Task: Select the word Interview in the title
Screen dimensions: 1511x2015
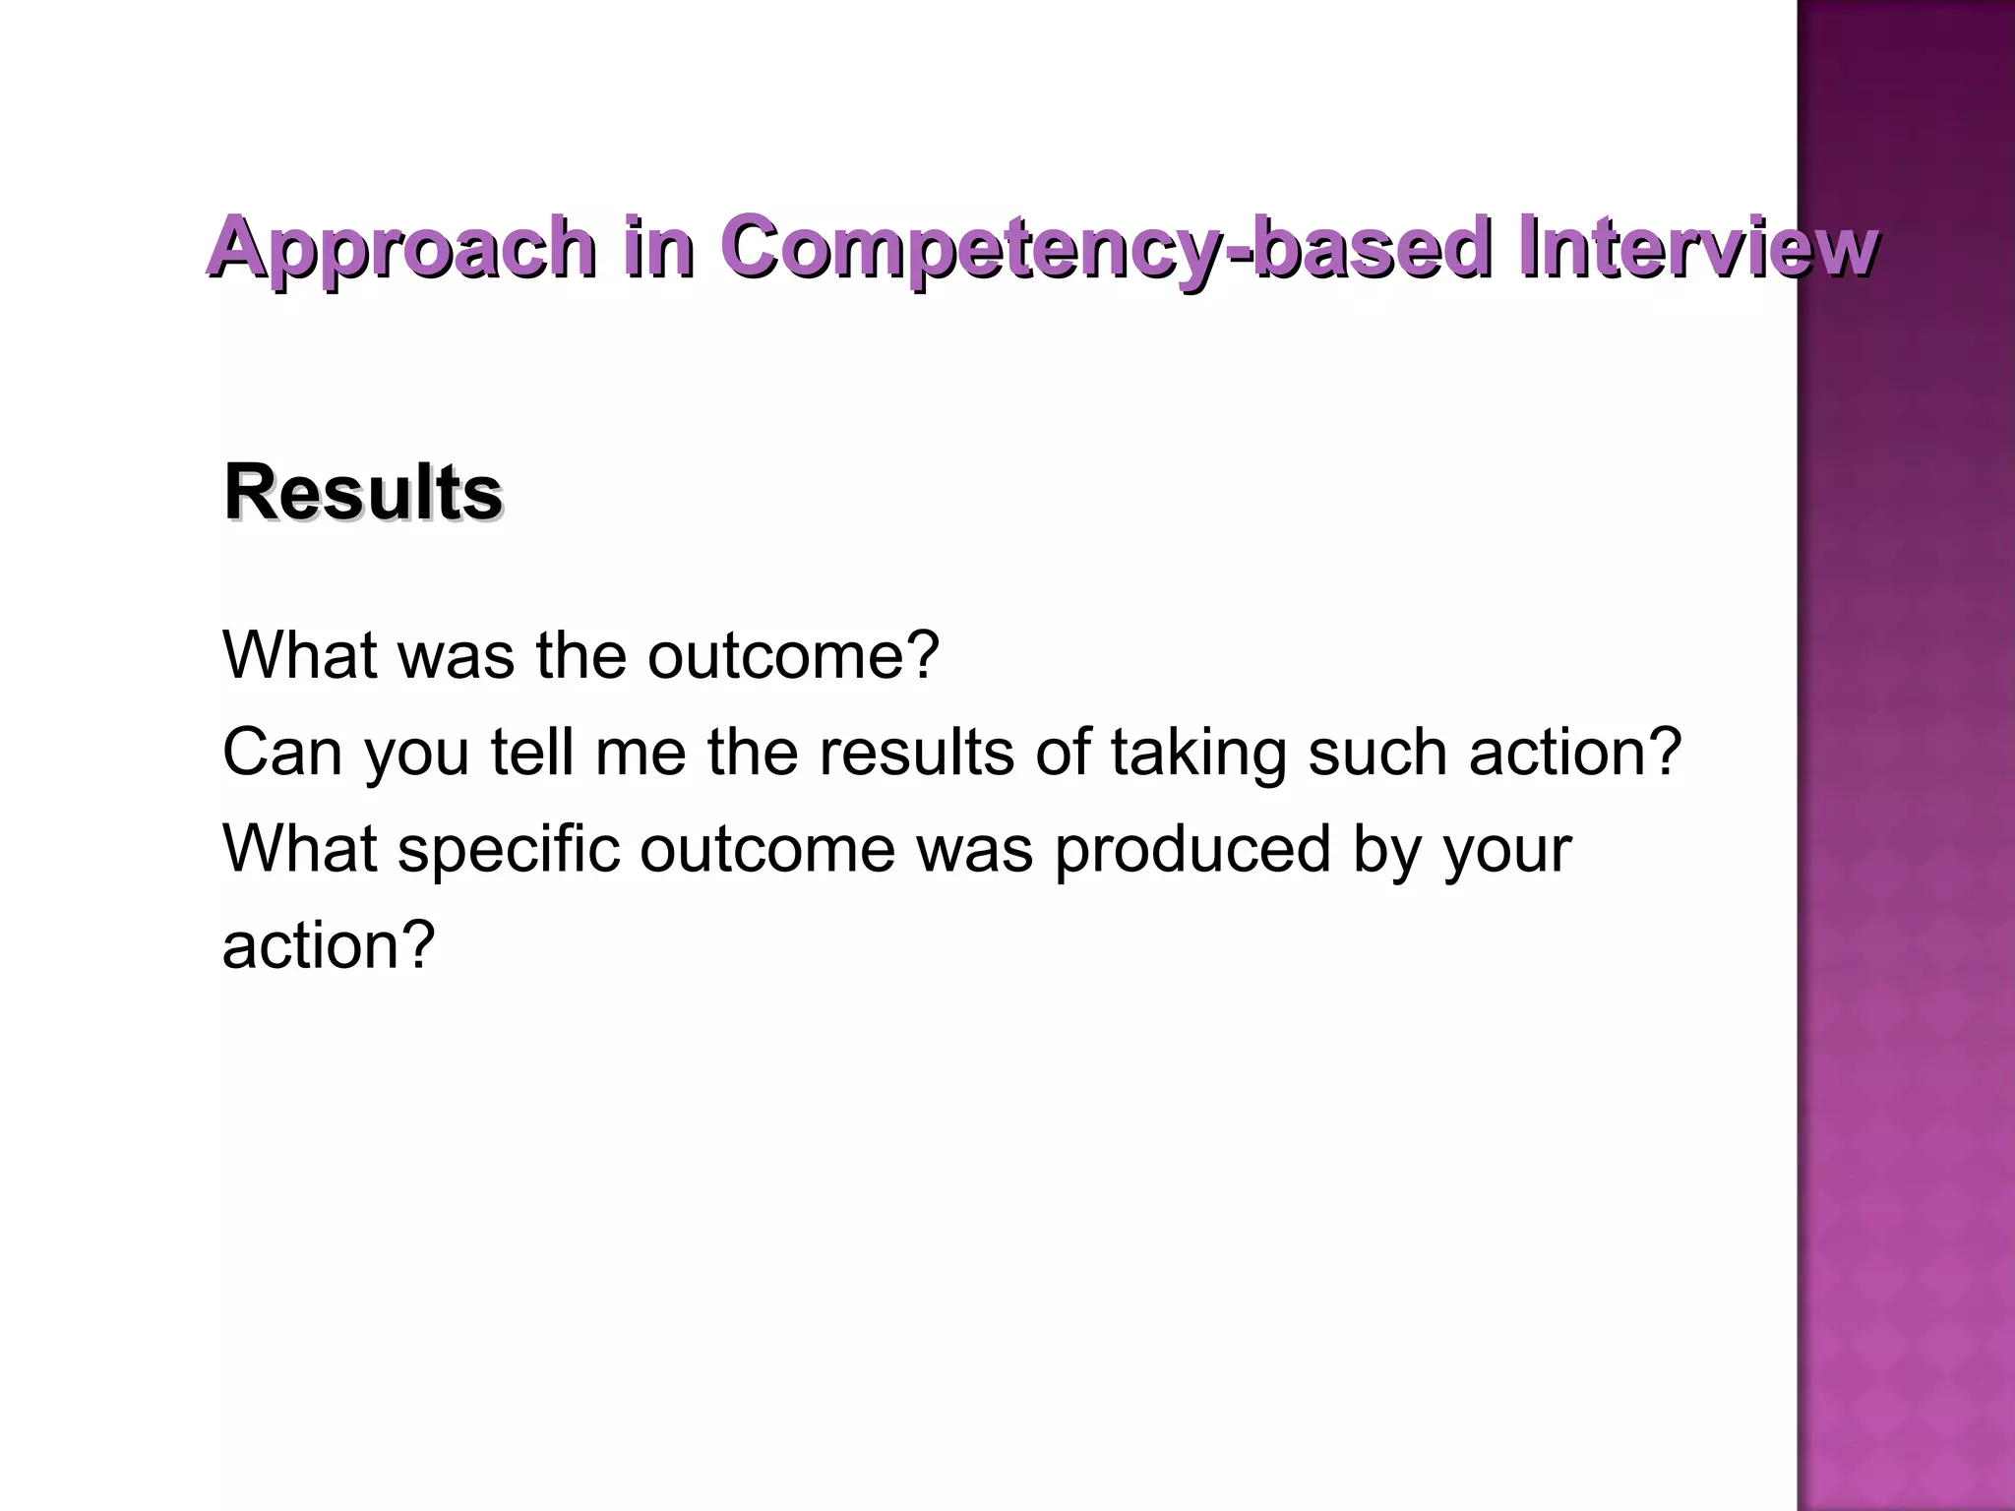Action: point(1695,247)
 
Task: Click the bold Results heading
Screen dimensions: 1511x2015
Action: point(363,492)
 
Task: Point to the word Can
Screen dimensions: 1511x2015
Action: point(281,753)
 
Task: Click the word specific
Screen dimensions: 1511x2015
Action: point(509,848)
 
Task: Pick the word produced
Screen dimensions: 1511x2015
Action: point(1192,848)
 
